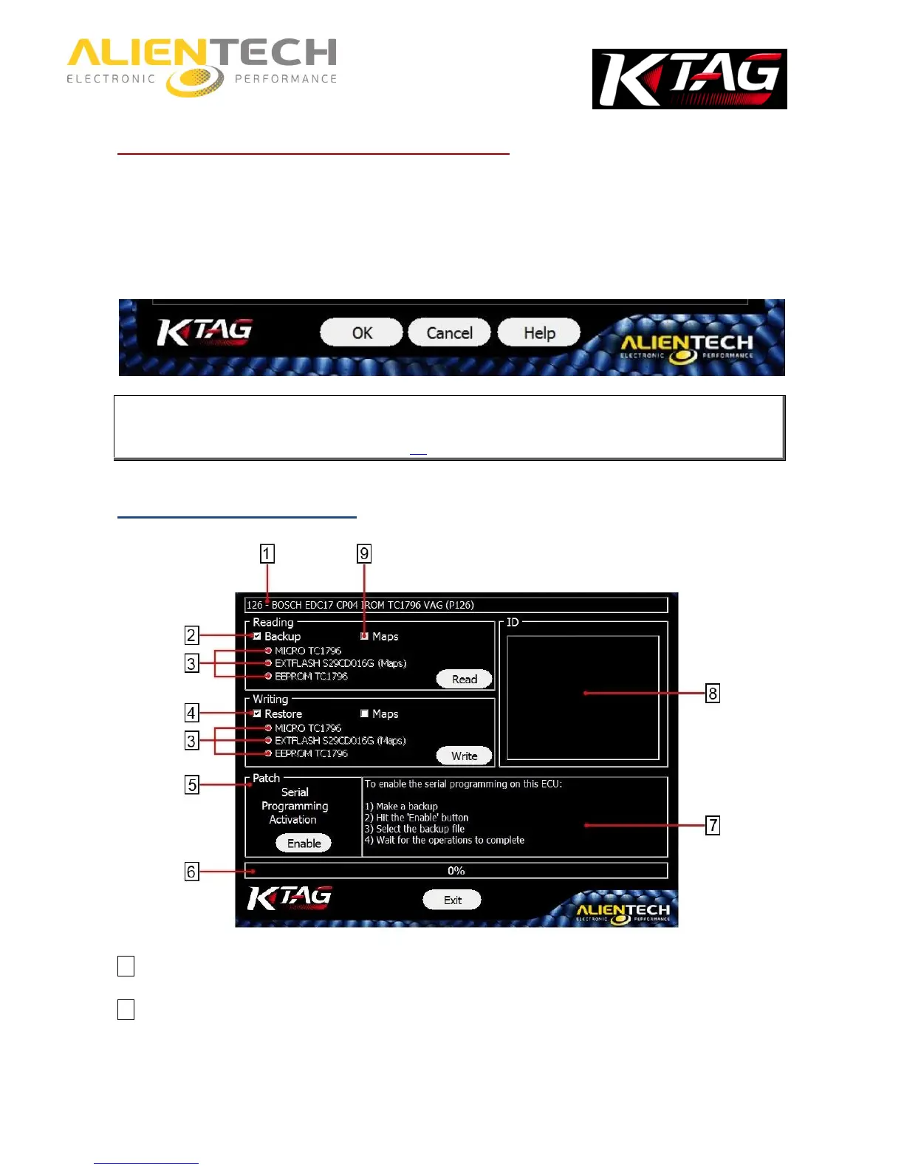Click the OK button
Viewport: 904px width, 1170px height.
tap(361, 333)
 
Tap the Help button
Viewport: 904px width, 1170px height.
tap(539, 333)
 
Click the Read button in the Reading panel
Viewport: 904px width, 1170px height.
tap(464, 679)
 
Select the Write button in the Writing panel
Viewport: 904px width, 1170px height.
tap(464, 756)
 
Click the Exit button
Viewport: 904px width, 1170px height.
tap(452, 900)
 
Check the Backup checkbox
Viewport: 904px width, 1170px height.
tap(257, 636)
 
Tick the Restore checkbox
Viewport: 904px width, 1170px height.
tap(257, 714)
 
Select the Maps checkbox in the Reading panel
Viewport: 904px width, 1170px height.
tap(364, 636)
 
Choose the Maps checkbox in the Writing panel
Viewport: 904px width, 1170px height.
tap(364, 714)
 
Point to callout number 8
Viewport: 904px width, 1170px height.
tap(712, 693)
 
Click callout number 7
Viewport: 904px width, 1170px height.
tap(712, 825)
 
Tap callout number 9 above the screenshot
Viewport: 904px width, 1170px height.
tap(363, 553)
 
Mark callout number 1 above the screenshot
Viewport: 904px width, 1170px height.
tap(267, 553)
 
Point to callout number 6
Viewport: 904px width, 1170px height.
tap(191, 872)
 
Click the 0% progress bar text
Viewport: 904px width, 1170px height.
tap(456, 871)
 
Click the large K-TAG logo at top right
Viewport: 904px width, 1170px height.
tap(689, 79)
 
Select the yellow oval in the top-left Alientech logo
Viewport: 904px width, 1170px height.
tap(195, 81)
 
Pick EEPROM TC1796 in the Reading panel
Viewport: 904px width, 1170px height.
tap(311, 676)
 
